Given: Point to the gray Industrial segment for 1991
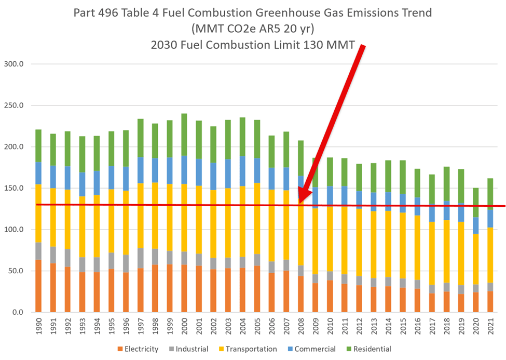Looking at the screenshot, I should (53, 255).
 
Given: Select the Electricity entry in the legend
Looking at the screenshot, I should (138, 349).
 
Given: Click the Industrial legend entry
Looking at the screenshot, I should (192, 349).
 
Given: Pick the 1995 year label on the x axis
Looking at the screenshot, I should (112, 327).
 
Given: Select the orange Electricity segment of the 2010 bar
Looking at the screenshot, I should (330, 296).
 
